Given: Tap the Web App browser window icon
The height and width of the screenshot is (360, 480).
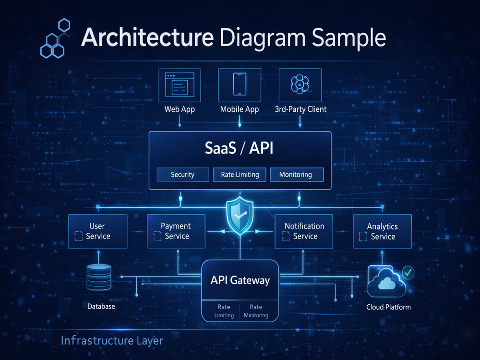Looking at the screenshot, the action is point(180,84).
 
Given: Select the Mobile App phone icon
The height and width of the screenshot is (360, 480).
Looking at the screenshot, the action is point(240,84).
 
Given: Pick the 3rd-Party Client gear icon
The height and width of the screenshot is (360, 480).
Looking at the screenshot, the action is point(300,84).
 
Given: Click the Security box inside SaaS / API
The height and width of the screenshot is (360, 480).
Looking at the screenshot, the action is point(183,175).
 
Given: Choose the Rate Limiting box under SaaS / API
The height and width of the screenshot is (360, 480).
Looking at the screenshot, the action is point(240,175).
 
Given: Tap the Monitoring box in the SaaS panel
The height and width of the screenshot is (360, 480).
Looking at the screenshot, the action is point(296,175).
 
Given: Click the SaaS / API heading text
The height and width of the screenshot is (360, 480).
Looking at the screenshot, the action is point(239,148).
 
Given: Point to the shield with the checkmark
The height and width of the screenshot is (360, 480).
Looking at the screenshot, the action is point(240,216).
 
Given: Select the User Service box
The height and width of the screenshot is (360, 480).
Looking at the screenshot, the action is point(97,231).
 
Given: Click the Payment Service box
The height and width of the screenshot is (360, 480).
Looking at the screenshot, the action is point(176,231).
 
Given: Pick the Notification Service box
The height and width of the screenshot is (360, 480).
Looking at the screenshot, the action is point(304,231).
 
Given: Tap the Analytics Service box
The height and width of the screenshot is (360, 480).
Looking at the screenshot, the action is point(383,231).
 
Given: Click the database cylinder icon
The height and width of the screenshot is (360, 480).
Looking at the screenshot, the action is point(98,277).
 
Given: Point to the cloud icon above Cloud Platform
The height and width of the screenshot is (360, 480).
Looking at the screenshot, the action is point(386,282).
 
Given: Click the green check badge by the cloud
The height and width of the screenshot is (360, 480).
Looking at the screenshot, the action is point(408,272).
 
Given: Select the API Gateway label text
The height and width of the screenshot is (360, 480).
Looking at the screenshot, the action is point(240,280).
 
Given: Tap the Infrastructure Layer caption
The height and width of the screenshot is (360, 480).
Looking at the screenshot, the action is point(112,341).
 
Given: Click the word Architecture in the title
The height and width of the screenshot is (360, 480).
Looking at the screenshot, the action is point(147,37).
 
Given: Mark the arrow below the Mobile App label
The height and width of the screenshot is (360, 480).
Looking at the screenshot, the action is point(240,121).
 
